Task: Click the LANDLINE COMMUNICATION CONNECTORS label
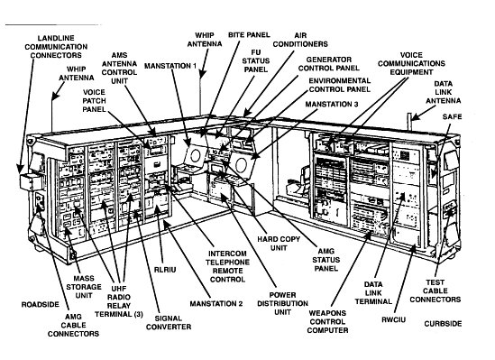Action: (56, 47)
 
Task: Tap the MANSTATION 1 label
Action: (170, 66)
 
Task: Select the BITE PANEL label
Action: (249, 34)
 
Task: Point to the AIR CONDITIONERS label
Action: (300, 40)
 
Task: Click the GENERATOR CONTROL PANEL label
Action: (328, 64)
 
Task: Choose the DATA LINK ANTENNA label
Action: (444, 92)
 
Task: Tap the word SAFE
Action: (452, 117)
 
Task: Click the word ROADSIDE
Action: (40, 305)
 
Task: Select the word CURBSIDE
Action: (443, 324)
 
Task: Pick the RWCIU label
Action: (394, 320)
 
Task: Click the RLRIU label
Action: (165, 270)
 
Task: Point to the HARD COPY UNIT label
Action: (279, 244)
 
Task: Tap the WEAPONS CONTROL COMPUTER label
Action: (327, 322)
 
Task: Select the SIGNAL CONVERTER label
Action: (169, 323)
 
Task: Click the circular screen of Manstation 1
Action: (196, 156)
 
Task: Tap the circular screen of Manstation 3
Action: (242, 164)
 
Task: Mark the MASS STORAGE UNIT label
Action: (84, 287)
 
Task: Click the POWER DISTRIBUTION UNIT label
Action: (282, 303)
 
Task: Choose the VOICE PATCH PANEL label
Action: (94, 101)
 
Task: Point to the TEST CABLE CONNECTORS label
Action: (435, 291)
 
